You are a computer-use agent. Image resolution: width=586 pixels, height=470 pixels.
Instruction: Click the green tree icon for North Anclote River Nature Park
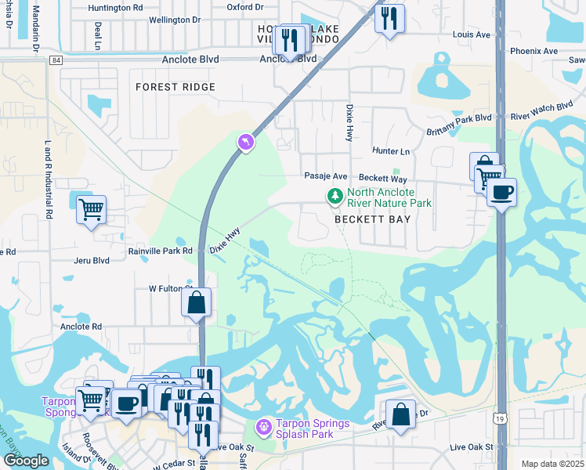[335, 195]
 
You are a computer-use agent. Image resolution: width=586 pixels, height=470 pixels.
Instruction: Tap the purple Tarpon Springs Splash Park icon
[264, 427]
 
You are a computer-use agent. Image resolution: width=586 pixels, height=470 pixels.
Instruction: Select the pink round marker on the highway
[246, 143]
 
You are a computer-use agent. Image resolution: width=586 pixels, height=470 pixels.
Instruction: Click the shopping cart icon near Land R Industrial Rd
[92, 210]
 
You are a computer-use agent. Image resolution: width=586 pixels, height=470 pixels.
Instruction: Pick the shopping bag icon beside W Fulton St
[196, 302]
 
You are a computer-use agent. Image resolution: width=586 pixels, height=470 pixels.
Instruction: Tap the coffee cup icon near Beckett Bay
[501, 192]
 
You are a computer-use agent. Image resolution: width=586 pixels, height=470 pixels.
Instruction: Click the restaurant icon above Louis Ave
[389, 18]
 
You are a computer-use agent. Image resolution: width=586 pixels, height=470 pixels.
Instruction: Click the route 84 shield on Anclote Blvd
[54, 60]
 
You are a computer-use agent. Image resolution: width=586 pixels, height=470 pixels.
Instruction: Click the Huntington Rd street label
[115, 8]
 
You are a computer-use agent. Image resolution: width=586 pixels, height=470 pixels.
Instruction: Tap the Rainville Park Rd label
[161, 251]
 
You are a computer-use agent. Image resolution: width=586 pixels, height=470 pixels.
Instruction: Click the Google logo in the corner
[26, 461]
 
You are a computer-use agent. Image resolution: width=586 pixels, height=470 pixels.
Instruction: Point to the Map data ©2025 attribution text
[552, 464]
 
